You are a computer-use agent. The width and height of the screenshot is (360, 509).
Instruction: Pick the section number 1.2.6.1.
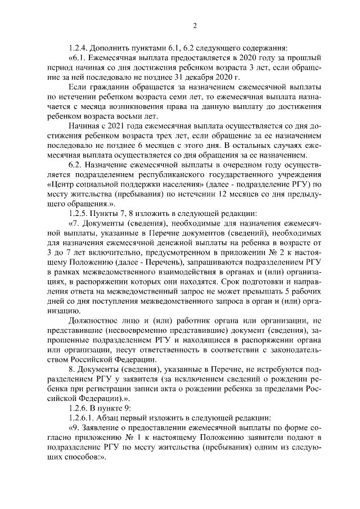tap(82, 417)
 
